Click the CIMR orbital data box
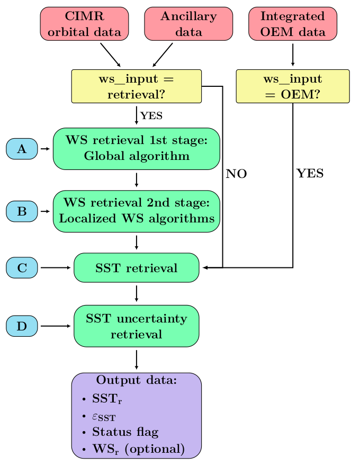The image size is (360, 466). point(84,24)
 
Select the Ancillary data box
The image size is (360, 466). point(188,24)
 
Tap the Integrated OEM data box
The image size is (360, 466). point(293,24)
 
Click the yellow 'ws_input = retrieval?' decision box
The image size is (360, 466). point(137,86)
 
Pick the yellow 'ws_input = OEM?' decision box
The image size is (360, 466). point(293,86)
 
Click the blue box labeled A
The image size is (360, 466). point(22,149)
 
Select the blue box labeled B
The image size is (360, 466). point(22,211)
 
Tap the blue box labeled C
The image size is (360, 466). point(22,268)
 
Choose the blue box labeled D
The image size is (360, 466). point(22,326)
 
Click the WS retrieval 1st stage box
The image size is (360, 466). point(137,149)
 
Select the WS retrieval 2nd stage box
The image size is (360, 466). point(137,211)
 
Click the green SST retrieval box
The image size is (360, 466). point(137,268)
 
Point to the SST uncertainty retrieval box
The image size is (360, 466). point(137,326)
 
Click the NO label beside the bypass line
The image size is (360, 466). point(236,174)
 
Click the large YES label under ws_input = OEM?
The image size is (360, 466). point(310,174)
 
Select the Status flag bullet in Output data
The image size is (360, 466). point(125,432)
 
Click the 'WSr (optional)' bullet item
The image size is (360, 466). point(138,449)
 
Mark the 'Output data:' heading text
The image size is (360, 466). point(137,380)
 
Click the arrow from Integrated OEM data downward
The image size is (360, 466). point(293,54)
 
